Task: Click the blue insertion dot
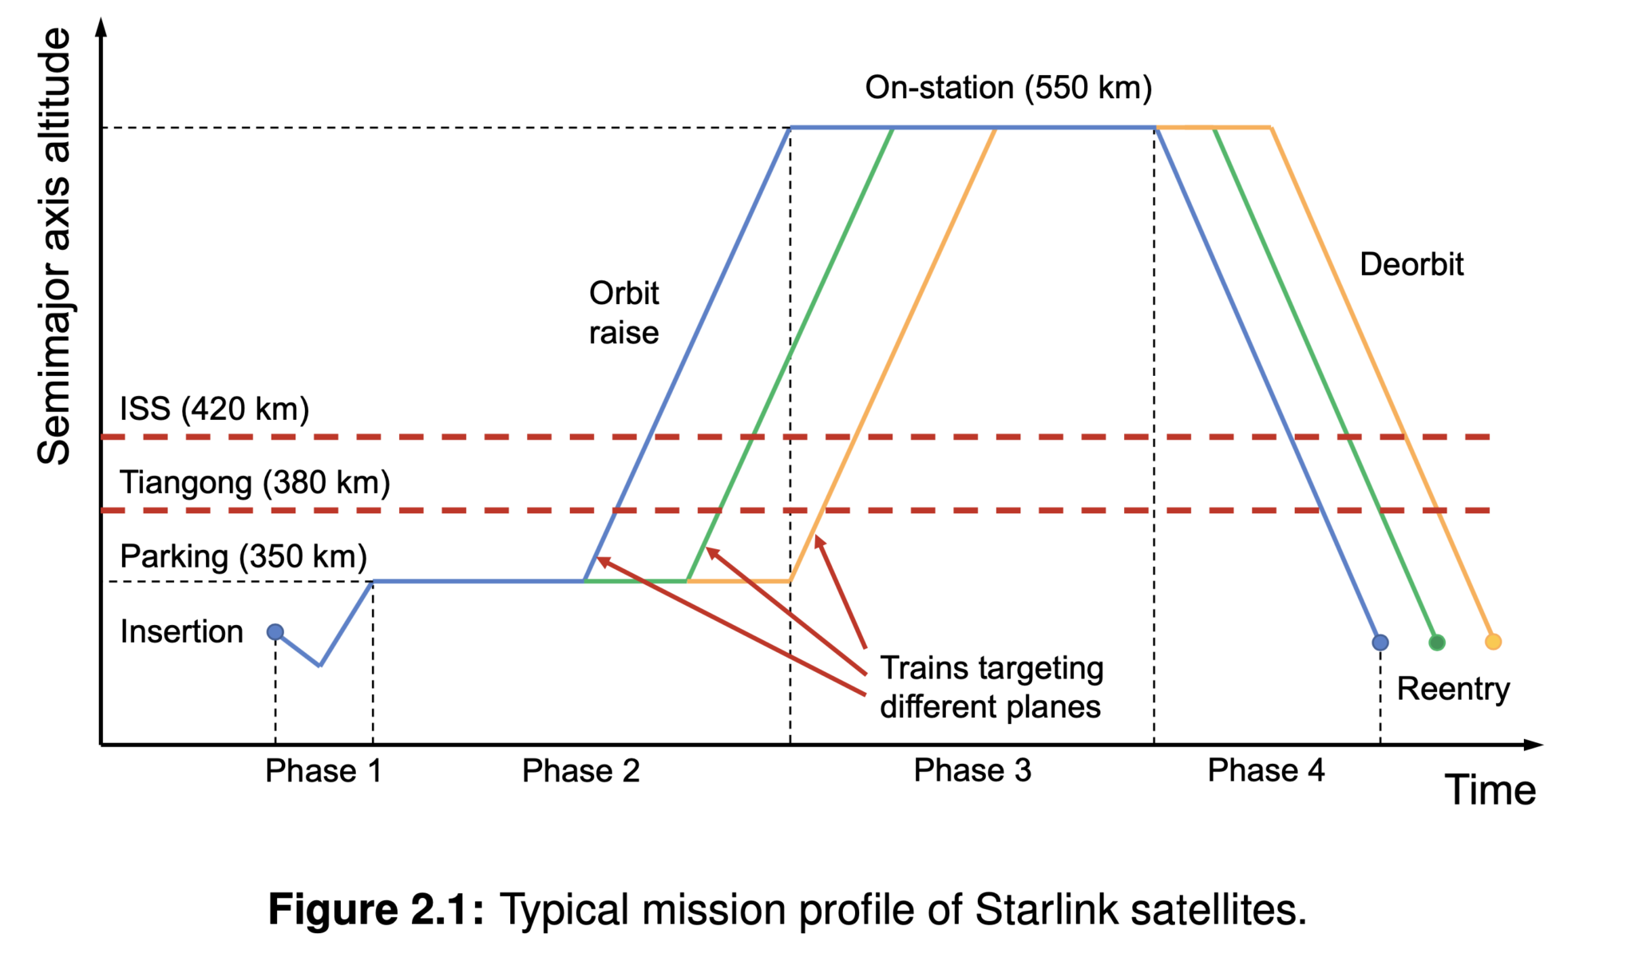pyautogui.click(x=275, y=632)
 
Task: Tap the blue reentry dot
pyautogui.click(x=1380, y=642)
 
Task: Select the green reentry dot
pyautogui.click(x=1437, y=642)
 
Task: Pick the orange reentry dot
pyautogui.click(x=1493, y=641)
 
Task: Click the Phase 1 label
pyautogui.click(x=323, y=771)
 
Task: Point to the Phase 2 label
pyautogui.click(x=580, y=771)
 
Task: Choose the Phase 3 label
pyautogui.click(x=972, y=770)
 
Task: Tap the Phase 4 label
pyautogui.click(x=1266, y=770)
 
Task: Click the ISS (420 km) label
pyautogui.click(x=214, y=409)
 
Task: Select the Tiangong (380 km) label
pyautogui.click(x=255, y=482)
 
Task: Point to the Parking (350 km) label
pyautogui.click(x=243, y=556)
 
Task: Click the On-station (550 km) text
pyautogui.click(x=1008, y=87)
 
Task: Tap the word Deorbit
pyautogui.click(x=1411, y=264)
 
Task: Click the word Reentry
pyautogui.click(x=1453, y=688)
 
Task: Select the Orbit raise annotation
pyautogui.click(x=624, y=313)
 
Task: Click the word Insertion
pyautogui.click(x=181, y=631)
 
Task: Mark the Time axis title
pyautogui.click(x=1490, y=790)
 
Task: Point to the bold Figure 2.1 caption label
pyautogui.click(x=376, y=909)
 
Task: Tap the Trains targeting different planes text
pyautogui.click(x=991, y=687)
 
